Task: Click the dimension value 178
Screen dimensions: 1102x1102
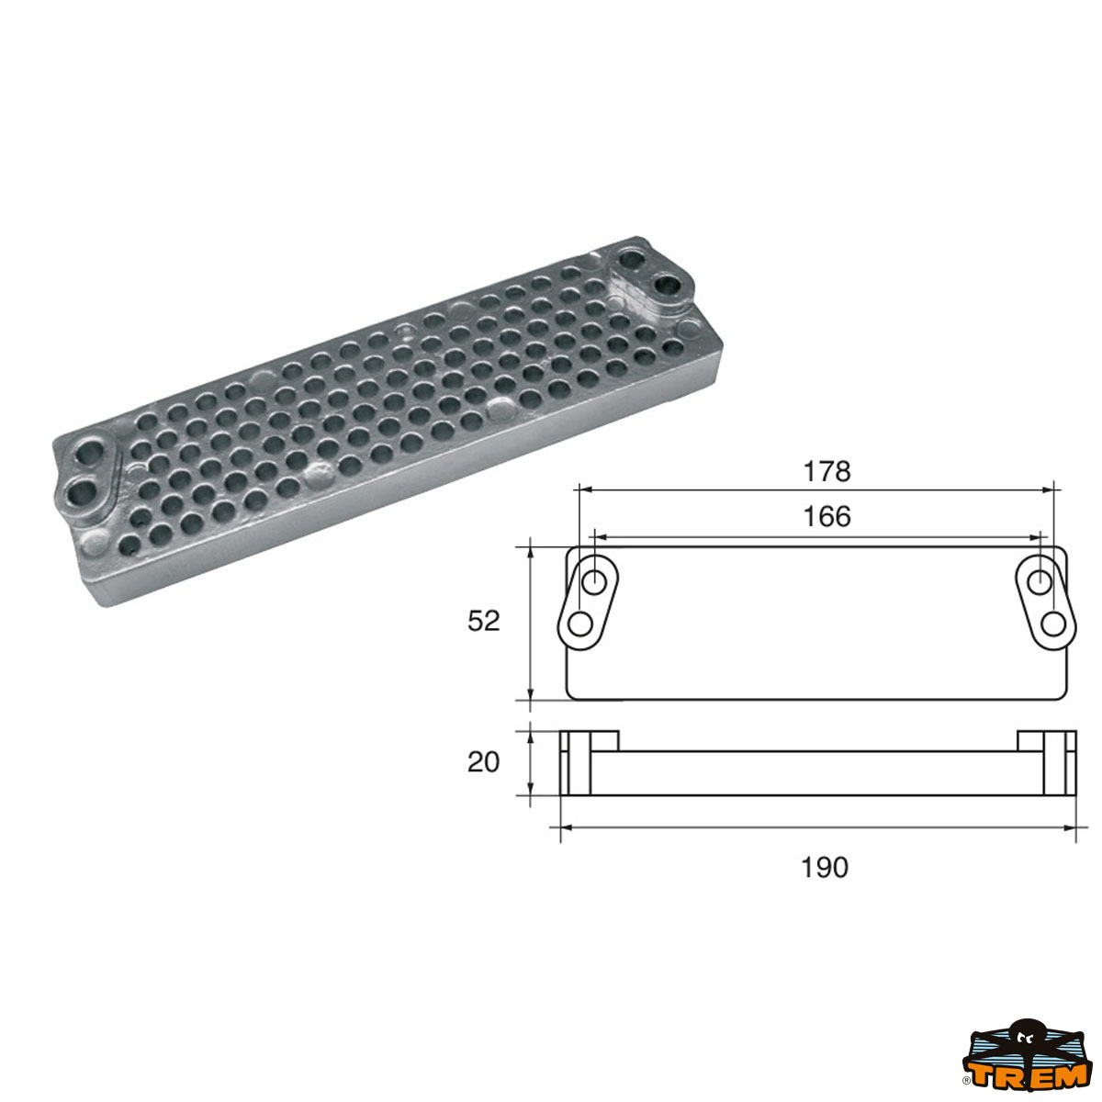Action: pos(826,471)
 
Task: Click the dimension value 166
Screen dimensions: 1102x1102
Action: pos(826,516)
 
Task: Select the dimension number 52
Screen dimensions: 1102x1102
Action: pos(484,622)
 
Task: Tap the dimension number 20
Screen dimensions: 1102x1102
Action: pos(484,762)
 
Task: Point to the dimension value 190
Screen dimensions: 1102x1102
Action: pos(825,867)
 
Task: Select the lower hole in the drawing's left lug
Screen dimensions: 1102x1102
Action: pos(579,624)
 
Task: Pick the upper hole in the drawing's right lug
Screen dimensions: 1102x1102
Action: pos(1040,581)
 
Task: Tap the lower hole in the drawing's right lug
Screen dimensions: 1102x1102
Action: pos(1053,624)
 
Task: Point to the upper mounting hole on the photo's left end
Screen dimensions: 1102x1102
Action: pos(92,453)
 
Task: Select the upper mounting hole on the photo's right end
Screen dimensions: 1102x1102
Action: pos(634,257)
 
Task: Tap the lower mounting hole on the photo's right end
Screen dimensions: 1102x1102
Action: pos(669,287)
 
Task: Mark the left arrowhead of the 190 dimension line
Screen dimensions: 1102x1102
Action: pos(565,827)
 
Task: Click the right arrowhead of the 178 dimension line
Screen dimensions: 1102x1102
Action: pos(1049,489)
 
